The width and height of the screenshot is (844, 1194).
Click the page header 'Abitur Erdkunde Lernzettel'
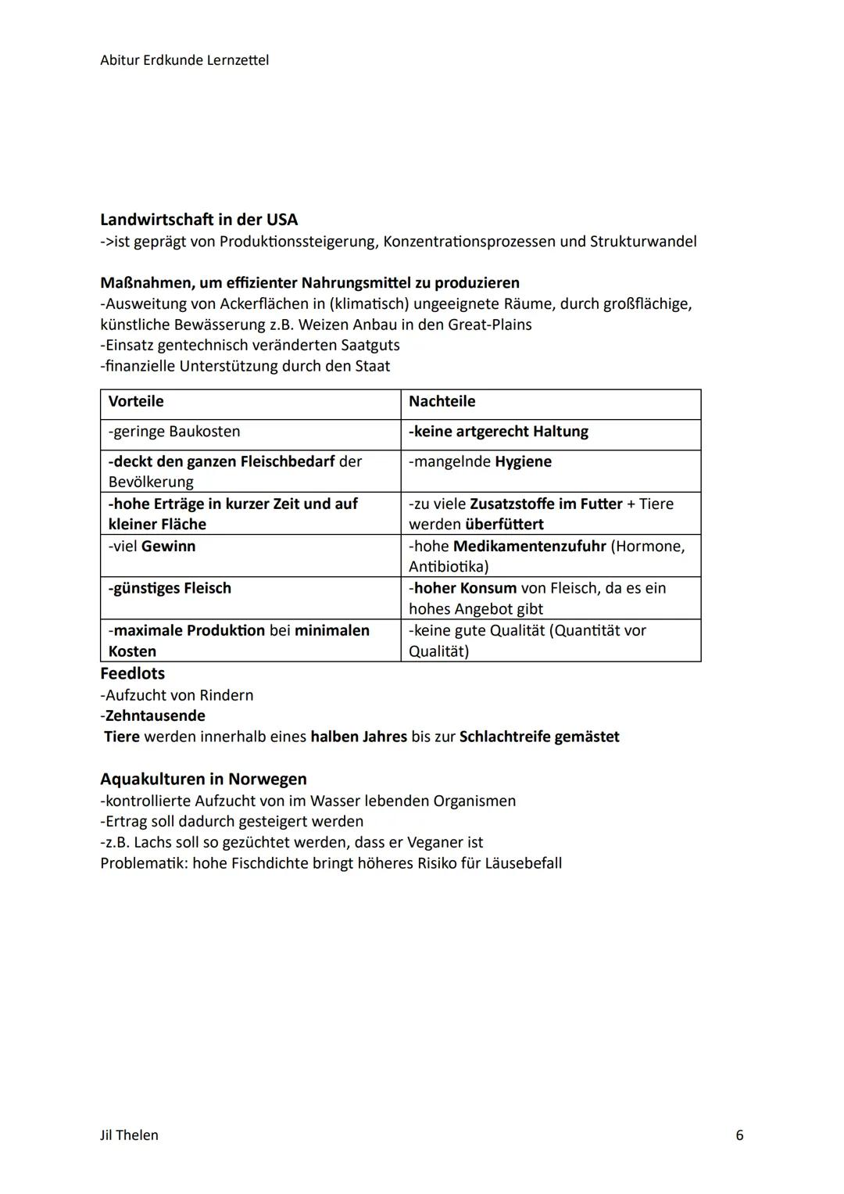pyautogui.click(x=184, y=60)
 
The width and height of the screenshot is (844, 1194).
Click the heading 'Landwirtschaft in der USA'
pyautogui.click(x=198, y=220)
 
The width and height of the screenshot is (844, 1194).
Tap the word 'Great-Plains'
pyautogui.click(x=489, y=324)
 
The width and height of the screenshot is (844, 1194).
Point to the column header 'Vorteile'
pyautogui.click(x=136, y=402)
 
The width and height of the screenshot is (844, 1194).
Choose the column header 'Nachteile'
pyautogui.click(x=442, y=402)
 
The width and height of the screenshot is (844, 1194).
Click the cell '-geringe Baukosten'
pyautogui.click(x=174, y=432)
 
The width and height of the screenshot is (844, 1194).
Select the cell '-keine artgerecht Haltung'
pyautogui.click(x=499, y=432)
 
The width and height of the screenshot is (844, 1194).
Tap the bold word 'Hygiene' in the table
pyautogui.click(x=523, y=462)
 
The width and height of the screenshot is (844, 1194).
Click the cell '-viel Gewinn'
pyautogui.click(x=152, y=547)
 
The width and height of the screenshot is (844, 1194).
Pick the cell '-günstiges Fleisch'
pyautogui.click(x=170, y=589)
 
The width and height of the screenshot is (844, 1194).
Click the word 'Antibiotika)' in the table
pyautogui.click(x=449, y=567)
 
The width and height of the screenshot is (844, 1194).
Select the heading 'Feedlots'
pyautogui.click(x=132, y=674)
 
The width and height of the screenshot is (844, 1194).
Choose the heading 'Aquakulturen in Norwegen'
pyautogui.click(x=203, y=780)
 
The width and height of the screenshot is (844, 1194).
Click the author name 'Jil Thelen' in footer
pyautogui.click(x=129, y=1135)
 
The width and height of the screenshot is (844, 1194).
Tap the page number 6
pyautogui.click(x=739, y=1135)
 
